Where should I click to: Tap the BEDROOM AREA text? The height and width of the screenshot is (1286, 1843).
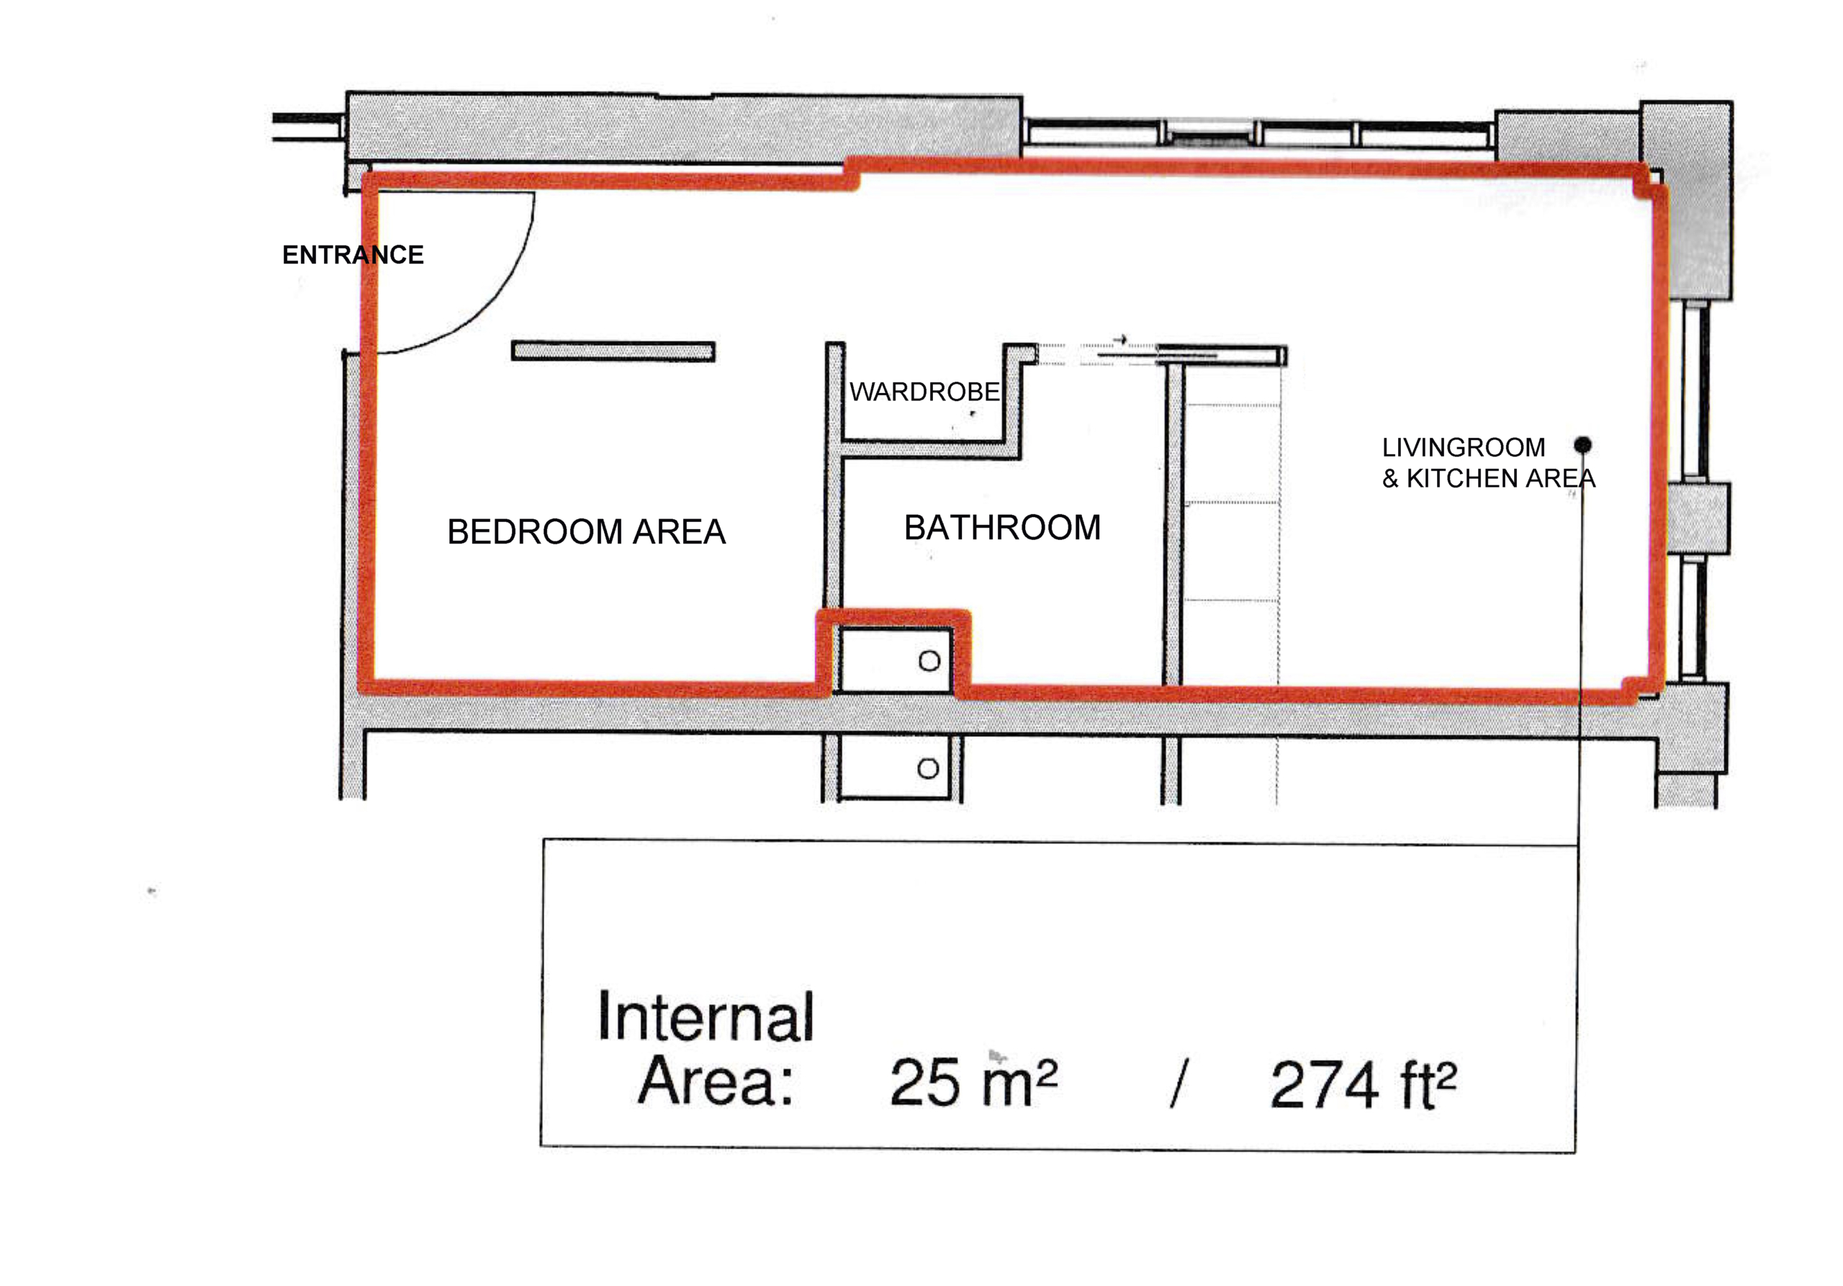pos(586,531)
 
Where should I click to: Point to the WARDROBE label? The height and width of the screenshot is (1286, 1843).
pos(924,392)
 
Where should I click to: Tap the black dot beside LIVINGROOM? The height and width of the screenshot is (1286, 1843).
pos(1582,445)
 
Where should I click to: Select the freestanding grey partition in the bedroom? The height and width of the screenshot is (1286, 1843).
pos(613,351)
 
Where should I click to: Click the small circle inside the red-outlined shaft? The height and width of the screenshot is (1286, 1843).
pos(929,661)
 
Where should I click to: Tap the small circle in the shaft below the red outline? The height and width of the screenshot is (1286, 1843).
pos(928,768)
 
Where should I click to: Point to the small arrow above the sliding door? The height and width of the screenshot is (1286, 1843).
pos(1119,338)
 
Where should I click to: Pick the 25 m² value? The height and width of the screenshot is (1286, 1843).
pos(973,1082)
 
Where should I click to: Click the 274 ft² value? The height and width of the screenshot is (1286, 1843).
pos(1362,1084)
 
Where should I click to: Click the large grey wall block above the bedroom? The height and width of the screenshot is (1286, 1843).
pos(684,127)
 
